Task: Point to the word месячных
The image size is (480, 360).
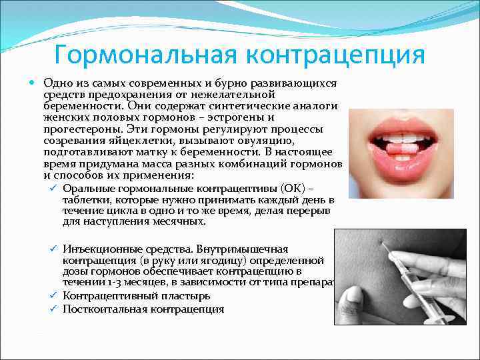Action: pyautogui.click(x=166, y=221)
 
